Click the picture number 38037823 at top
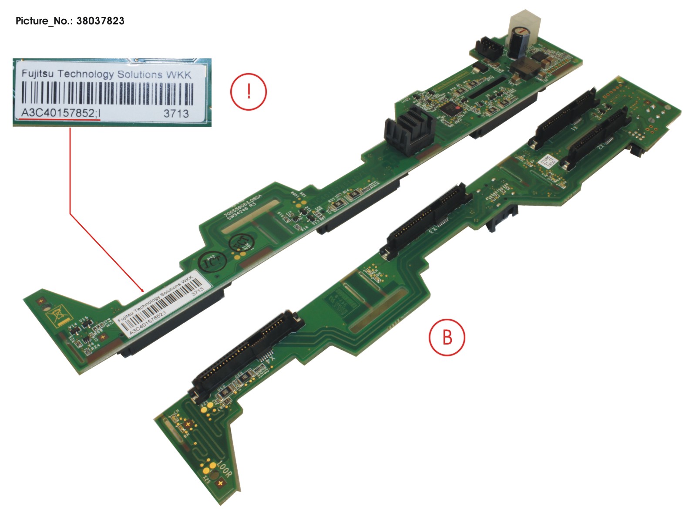pos(100,21)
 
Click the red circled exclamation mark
pos(248,92)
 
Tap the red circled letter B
pos(447,338)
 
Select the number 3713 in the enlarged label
pos(176,113)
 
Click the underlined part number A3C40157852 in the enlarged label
pos(58,113)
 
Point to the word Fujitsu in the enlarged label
pos(38,73)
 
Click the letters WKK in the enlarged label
pos(178,74)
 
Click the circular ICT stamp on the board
pos(211,261)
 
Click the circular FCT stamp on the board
pos(241,243)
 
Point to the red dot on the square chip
pos(457,107)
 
